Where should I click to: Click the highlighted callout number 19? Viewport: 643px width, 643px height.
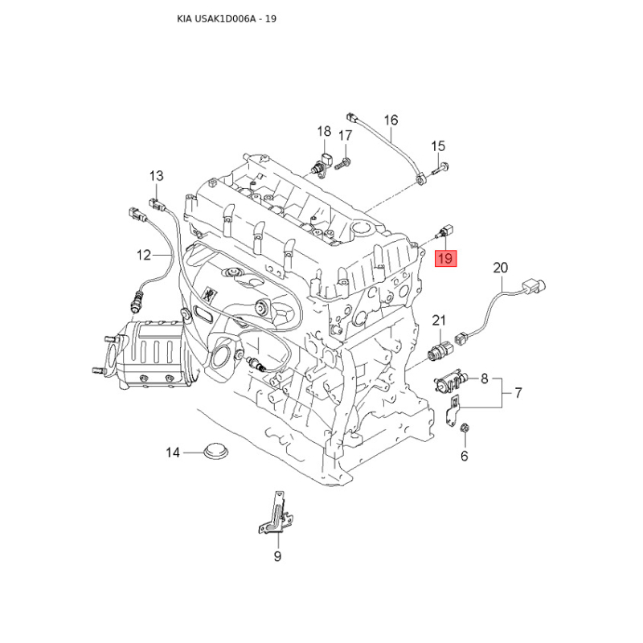point(445,258)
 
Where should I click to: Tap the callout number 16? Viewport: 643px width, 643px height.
point(391,120)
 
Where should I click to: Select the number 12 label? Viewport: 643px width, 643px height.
point(144,255)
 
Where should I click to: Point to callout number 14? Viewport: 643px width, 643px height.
point(173,453)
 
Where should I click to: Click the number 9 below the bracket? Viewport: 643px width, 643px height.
point(277,556)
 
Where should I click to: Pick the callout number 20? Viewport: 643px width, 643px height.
point(500,268)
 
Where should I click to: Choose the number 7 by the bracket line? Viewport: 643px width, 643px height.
point(518,393)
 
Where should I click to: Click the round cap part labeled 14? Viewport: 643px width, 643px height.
point(216,451)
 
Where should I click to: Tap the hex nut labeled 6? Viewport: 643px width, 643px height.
point(465,428)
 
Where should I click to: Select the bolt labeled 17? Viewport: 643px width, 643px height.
point(342,164)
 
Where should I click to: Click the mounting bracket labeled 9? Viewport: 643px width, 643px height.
point(276,513)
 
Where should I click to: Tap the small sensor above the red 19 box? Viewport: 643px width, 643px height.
point(444,231)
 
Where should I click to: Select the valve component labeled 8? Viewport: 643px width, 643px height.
point(451,381)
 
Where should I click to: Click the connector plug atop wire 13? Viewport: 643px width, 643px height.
point(156,203)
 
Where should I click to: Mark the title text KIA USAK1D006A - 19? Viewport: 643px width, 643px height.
point(227,18)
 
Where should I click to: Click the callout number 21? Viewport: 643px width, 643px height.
point(439,320)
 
